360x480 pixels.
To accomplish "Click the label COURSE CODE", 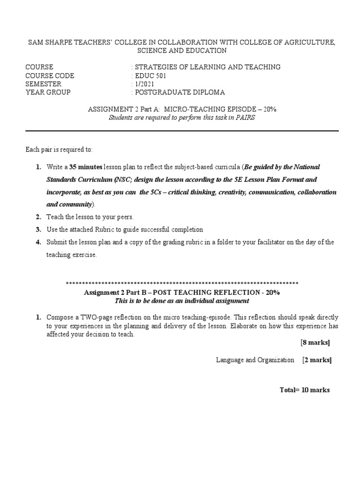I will tap(50, 75).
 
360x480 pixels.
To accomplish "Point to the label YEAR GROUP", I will tap(48, 92).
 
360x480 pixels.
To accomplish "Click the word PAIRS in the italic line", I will tap(245, 118).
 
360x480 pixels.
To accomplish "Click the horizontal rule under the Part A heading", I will tap(181, 131).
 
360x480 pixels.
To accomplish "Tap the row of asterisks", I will tap(182, 284).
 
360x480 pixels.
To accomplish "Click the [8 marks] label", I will tap(315, 342).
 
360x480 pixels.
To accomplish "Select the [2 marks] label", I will tap(317, 360).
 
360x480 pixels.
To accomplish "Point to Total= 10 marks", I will tap(304, 390).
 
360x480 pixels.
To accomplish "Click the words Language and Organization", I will tap(255, 360).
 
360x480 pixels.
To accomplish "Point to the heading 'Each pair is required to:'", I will tap(59, 150).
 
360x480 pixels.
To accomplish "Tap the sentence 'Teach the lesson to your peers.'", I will tap(90, 217).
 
